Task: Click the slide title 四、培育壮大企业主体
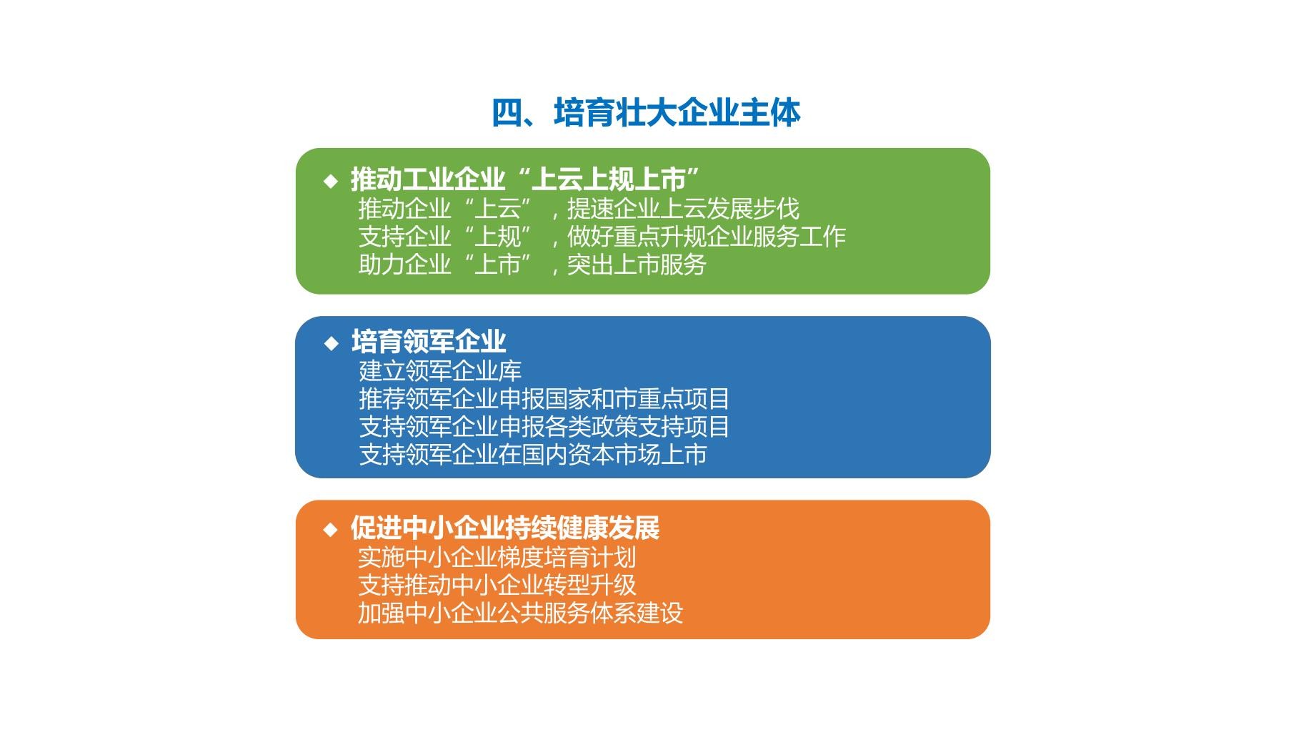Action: [646, 113]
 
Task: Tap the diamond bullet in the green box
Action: [331, 181]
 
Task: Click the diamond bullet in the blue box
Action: [331, 343]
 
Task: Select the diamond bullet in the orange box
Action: [331, 530]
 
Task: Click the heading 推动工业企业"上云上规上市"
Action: [524, 179]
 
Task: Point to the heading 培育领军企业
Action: [429, 342]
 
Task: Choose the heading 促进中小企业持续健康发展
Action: [505, 528]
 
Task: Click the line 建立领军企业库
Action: [440, 371]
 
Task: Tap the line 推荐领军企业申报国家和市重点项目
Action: [544, 399]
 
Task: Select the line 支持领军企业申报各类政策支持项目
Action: [544, 427]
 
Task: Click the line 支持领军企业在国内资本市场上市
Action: [533, 455]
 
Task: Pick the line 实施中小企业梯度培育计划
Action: [497, 558]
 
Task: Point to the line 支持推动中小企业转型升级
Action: [497, 586]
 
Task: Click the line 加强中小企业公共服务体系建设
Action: [521, 613]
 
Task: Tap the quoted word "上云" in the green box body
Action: [497, 209]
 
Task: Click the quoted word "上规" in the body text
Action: [497, 237]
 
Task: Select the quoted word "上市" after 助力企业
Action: [497, 265]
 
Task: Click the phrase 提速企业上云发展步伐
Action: [683, 209]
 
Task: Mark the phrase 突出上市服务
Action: [637, 265]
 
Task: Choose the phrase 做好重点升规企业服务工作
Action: [707, 237]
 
